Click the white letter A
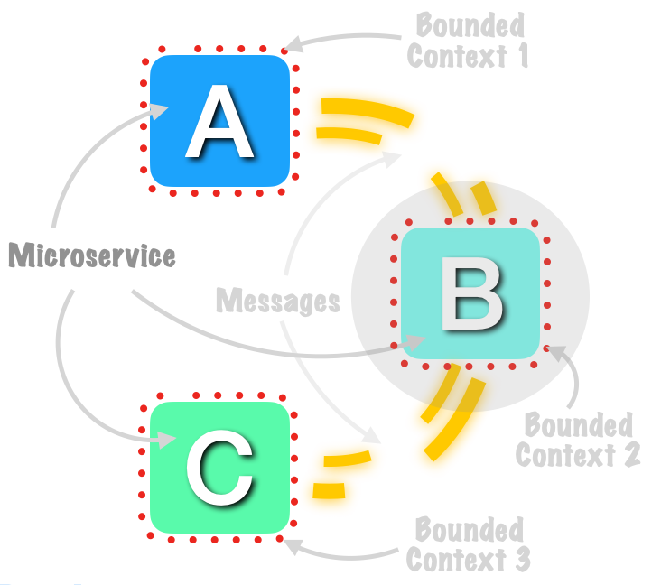(219, 121)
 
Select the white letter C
(219, 468)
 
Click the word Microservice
(92, 255)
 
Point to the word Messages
(278, 301)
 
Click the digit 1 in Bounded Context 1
(523, 55)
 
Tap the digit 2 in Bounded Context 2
(631, 454)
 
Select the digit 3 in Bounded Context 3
(523, 559)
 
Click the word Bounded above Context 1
(470, 25)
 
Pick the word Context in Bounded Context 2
(565, 455)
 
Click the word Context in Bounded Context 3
(457, 560)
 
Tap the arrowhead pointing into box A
(159, 111)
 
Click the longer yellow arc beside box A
(368, 110)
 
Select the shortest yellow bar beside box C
(329, 491)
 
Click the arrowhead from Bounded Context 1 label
(294, 44)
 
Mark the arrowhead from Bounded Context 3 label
(293, 546)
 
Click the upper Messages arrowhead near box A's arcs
(391, 159)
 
